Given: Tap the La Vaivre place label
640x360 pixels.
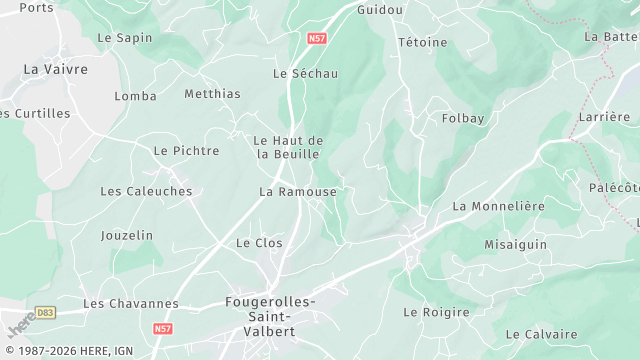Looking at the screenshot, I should (55, 70).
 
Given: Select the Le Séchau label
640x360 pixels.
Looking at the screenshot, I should (306, 74).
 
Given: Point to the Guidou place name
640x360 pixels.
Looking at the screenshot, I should (380, 10).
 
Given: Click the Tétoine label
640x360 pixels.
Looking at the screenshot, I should (423, 43).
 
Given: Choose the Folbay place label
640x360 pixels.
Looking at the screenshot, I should (463, 119).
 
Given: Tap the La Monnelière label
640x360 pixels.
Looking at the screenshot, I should (498, 206).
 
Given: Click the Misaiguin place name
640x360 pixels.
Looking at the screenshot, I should (516, 245).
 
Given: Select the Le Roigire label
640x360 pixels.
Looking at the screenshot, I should (436, 313).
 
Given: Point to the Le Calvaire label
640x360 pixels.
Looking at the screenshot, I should (541, 334).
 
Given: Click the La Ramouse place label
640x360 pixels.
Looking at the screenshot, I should (298, 192).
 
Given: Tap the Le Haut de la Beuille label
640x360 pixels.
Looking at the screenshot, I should (288, 147).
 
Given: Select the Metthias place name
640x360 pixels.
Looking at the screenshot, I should (213, 95).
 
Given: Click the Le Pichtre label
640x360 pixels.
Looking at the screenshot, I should (186, 151).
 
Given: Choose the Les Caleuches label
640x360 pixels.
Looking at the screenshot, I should (146, 191).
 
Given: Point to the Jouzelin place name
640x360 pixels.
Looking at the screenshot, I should (127, 236).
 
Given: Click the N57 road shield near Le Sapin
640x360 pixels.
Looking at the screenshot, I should (317, 38).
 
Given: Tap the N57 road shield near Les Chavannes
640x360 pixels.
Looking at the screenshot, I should (163, 327).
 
